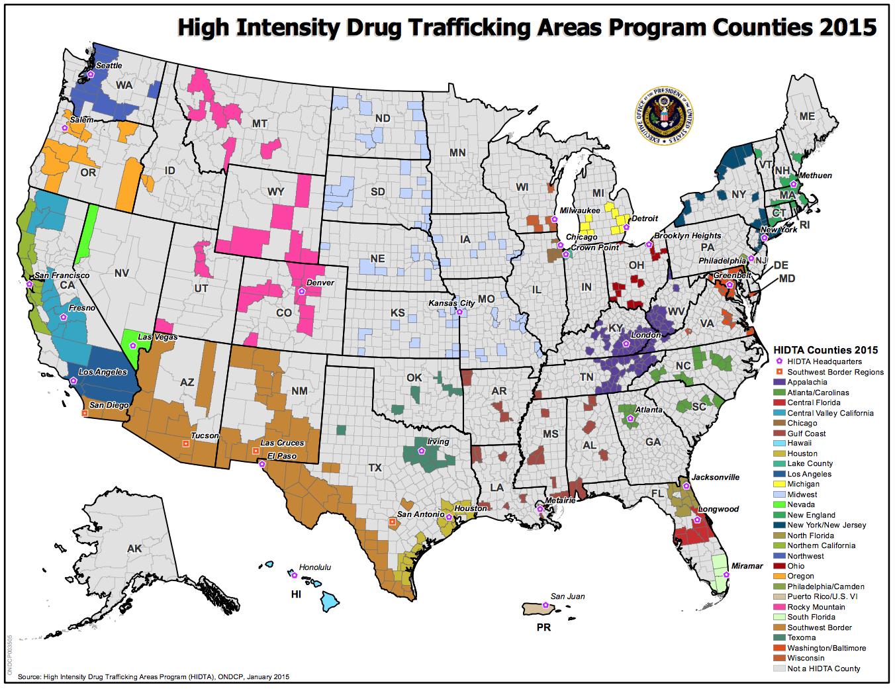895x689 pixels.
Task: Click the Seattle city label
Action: coord(109,66)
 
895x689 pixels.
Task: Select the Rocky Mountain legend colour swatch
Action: coord(779,607)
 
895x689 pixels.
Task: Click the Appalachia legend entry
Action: coord(807,382)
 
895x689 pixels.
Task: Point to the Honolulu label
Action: coord(314,567)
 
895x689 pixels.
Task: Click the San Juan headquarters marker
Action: coord(545,605)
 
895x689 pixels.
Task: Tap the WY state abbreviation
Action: coord(275,192)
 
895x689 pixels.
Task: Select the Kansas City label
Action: coord(451,303)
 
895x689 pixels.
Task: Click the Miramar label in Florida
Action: coord(747,566)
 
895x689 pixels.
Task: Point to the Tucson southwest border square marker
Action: coord(186,443)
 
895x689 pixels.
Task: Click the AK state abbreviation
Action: coord(134,549)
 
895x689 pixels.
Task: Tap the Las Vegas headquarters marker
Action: coord(133,345)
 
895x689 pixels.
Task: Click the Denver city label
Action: coord(320,283)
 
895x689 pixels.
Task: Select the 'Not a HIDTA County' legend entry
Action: coord(824,668)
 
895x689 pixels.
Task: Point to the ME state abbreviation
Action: coord(806,116)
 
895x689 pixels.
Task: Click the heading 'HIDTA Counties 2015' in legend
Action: coord(825,350)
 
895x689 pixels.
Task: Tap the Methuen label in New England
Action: coord(815,175)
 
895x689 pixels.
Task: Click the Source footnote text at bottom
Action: coord(154,676)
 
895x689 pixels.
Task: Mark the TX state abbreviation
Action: coord(375,468)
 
